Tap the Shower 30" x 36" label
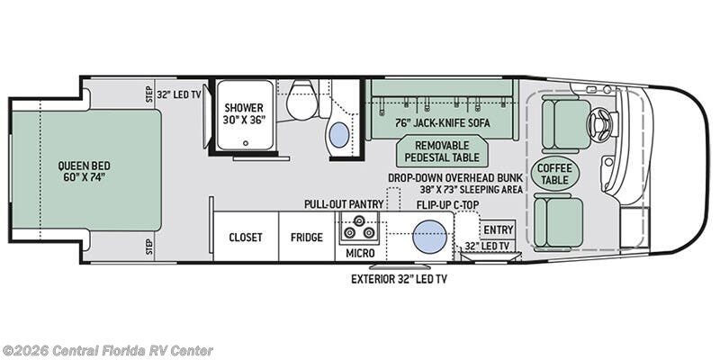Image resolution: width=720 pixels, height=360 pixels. (x=244, y=113)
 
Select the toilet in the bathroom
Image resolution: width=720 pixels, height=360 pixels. (x=301, y=100)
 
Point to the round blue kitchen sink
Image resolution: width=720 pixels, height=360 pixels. (x=430, y=237)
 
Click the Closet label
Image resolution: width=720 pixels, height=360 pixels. (x=246, y=238)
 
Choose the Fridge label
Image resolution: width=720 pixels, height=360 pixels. (x=307, y=238)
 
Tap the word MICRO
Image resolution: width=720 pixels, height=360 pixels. (x=361, y=253)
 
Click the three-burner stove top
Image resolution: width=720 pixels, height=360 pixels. (x=359, y=228)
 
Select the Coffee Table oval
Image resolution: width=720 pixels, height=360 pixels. (x=554, y=174)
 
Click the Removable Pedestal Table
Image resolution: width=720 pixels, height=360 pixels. (x=441, y=151)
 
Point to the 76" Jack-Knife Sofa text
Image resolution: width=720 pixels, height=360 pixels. (x=443, y=123)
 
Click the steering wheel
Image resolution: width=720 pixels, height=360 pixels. (x=599, y=123)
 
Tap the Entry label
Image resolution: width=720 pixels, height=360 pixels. (x=499, y=229)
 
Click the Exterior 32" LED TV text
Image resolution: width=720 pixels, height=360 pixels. (x=399, y=279)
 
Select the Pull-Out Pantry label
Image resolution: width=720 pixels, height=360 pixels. (x=344, y=204)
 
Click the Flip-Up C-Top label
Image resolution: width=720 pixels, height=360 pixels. (x=447, y=204)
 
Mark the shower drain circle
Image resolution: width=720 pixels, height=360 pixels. (x=246, y=143)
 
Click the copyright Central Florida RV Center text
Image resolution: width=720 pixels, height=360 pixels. (x=107, y=351)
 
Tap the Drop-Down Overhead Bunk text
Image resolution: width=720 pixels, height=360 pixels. (x=455, y=178)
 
